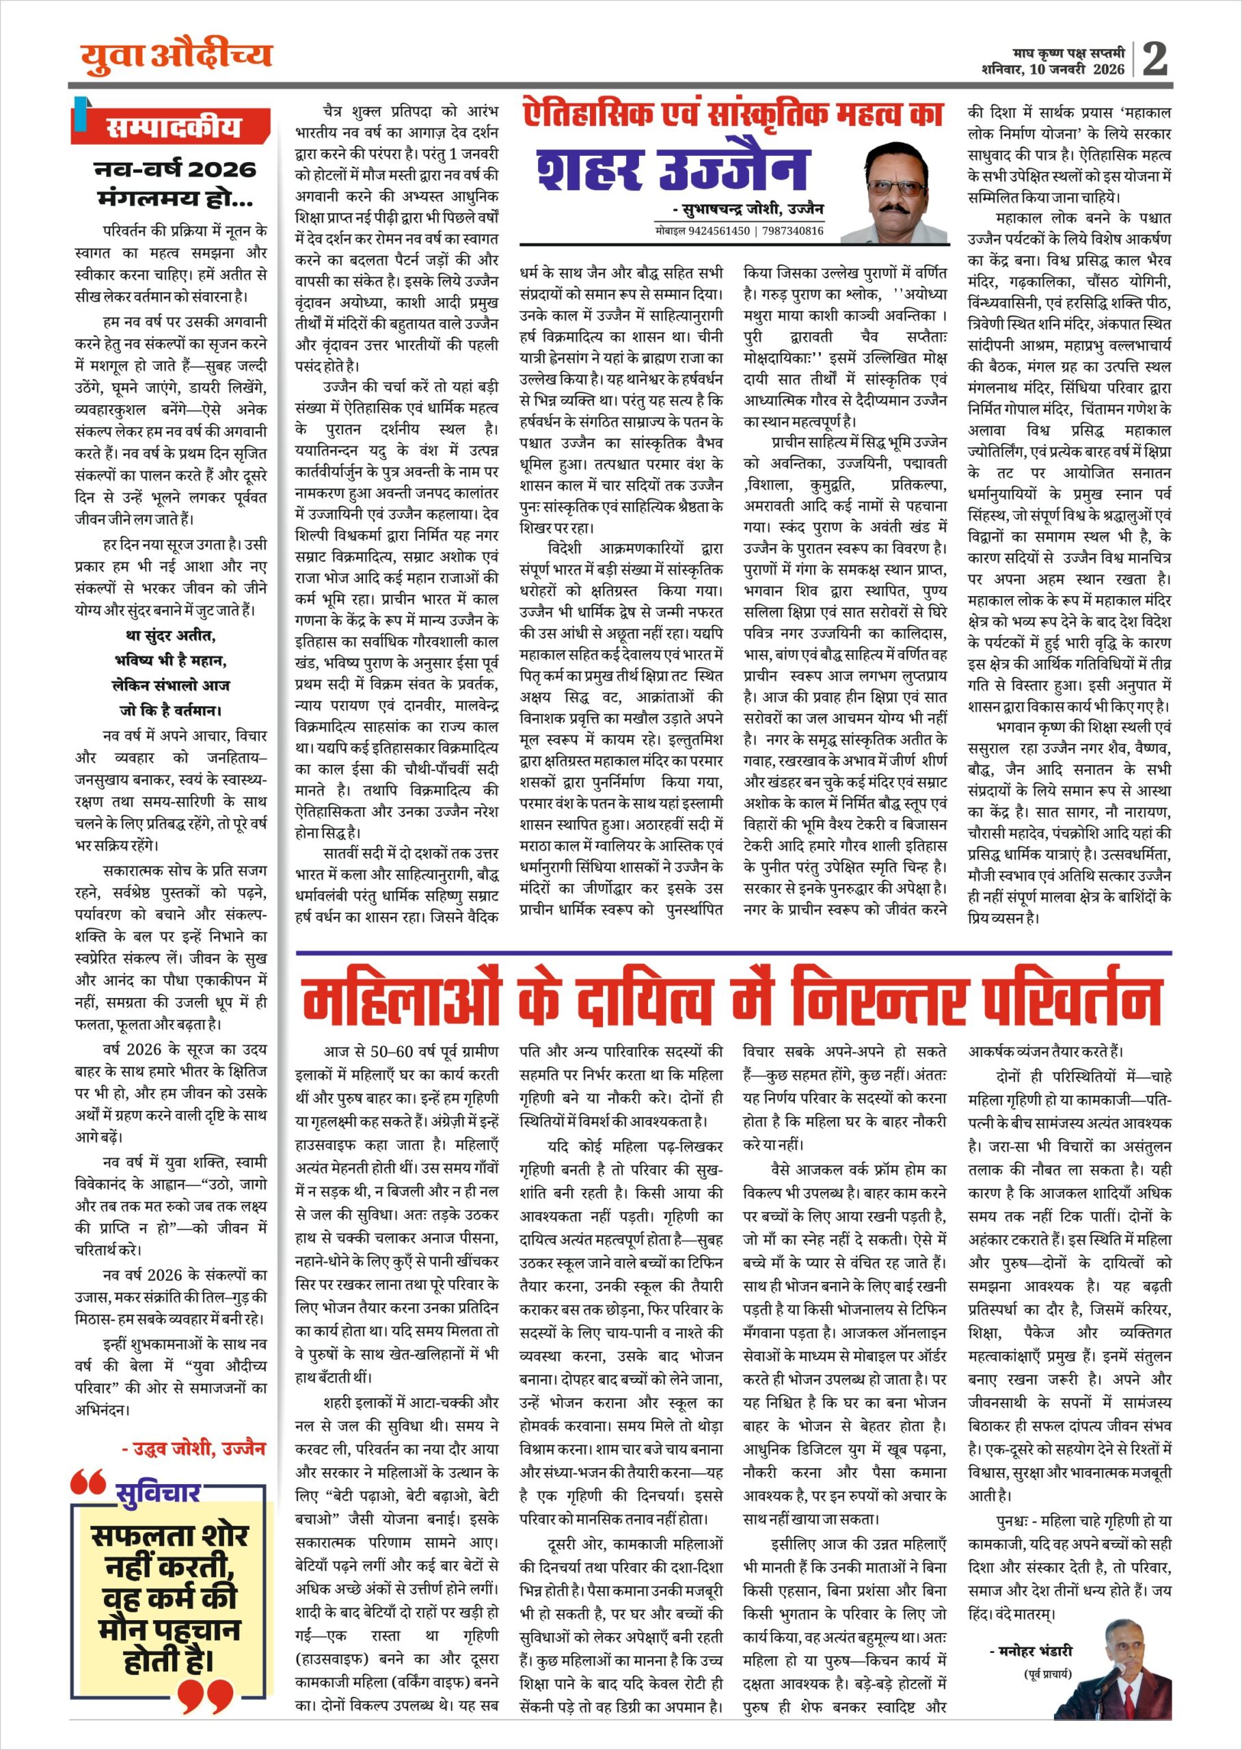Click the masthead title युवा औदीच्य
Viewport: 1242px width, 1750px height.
(x=176, y=55)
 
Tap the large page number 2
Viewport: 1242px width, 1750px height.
(x=1155, y=58)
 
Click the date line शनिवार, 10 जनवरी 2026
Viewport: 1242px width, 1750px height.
(x=1053, y=70)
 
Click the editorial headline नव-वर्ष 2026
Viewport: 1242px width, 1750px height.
(x=175, y=170)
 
